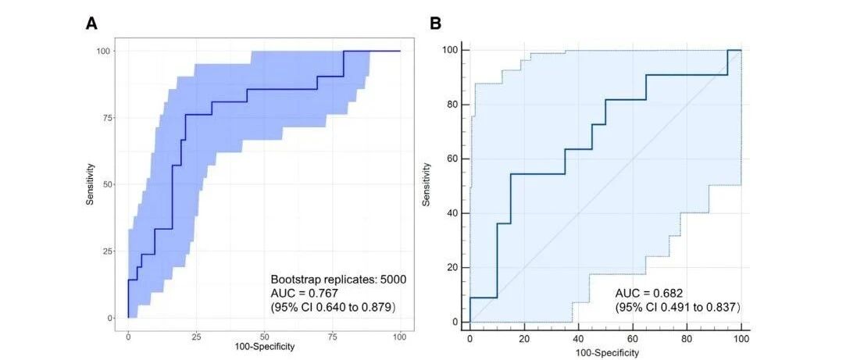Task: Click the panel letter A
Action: (91, 23)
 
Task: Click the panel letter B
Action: (435, 23)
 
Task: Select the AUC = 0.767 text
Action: (304, 293)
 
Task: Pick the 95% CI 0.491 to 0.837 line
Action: (678, 307)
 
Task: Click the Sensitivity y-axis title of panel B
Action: (427, 185)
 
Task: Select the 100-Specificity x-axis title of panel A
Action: (264, 347)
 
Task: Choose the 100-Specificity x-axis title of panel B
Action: (605, 352)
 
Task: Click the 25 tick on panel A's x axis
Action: (196, 336)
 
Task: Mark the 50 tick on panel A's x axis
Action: (264, 336)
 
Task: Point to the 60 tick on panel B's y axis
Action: (455, 159)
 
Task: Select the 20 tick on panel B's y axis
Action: (455, 268)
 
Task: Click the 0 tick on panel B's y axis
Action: (458, 323)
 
